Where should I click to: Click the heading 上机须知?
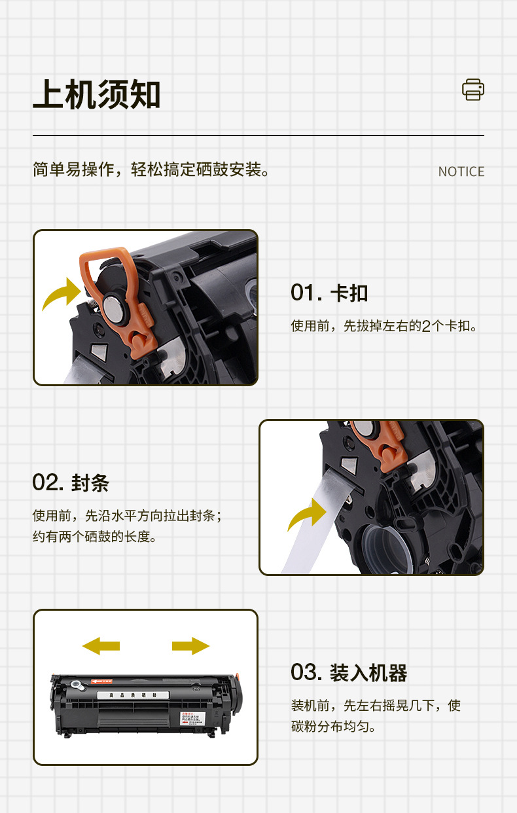coord(96,95)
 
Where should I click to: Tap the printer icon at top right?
coord(472,90)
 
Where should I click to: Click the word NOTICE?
coord(461,172)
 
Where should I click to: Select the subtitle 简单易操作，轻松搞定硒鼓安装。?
coord(151,170)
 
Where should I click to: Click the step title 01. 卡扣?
coord(329,293)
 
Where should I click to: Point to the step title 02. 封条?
coord(71,483)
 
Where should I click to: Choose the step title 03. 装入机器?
coord(349,672)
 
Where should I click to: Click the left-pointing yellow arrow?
coord(101,645)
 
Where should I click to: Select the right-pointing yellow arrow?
coord(190,645)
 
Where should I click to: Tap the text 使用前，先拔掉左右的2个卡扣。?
coord(384,325)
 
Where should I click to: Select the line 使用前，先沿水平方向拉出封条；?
coord(128,516)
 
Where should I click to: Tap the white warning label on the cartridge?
coord(191,718)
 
